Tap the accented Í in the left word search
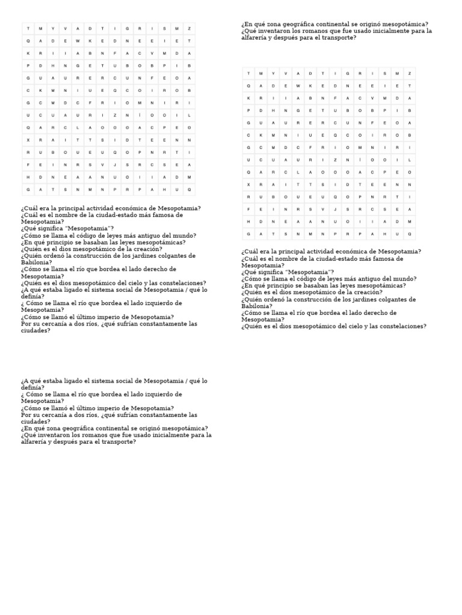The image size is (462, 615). (140, 115)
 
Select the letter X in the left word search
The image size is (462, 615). (28, 140)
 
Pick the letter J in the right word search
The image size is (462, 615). (334, 209)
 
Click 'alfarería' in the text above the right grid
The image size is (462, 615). (254, 38)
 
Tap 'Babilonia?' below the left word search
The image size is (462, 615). (37, 262)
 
